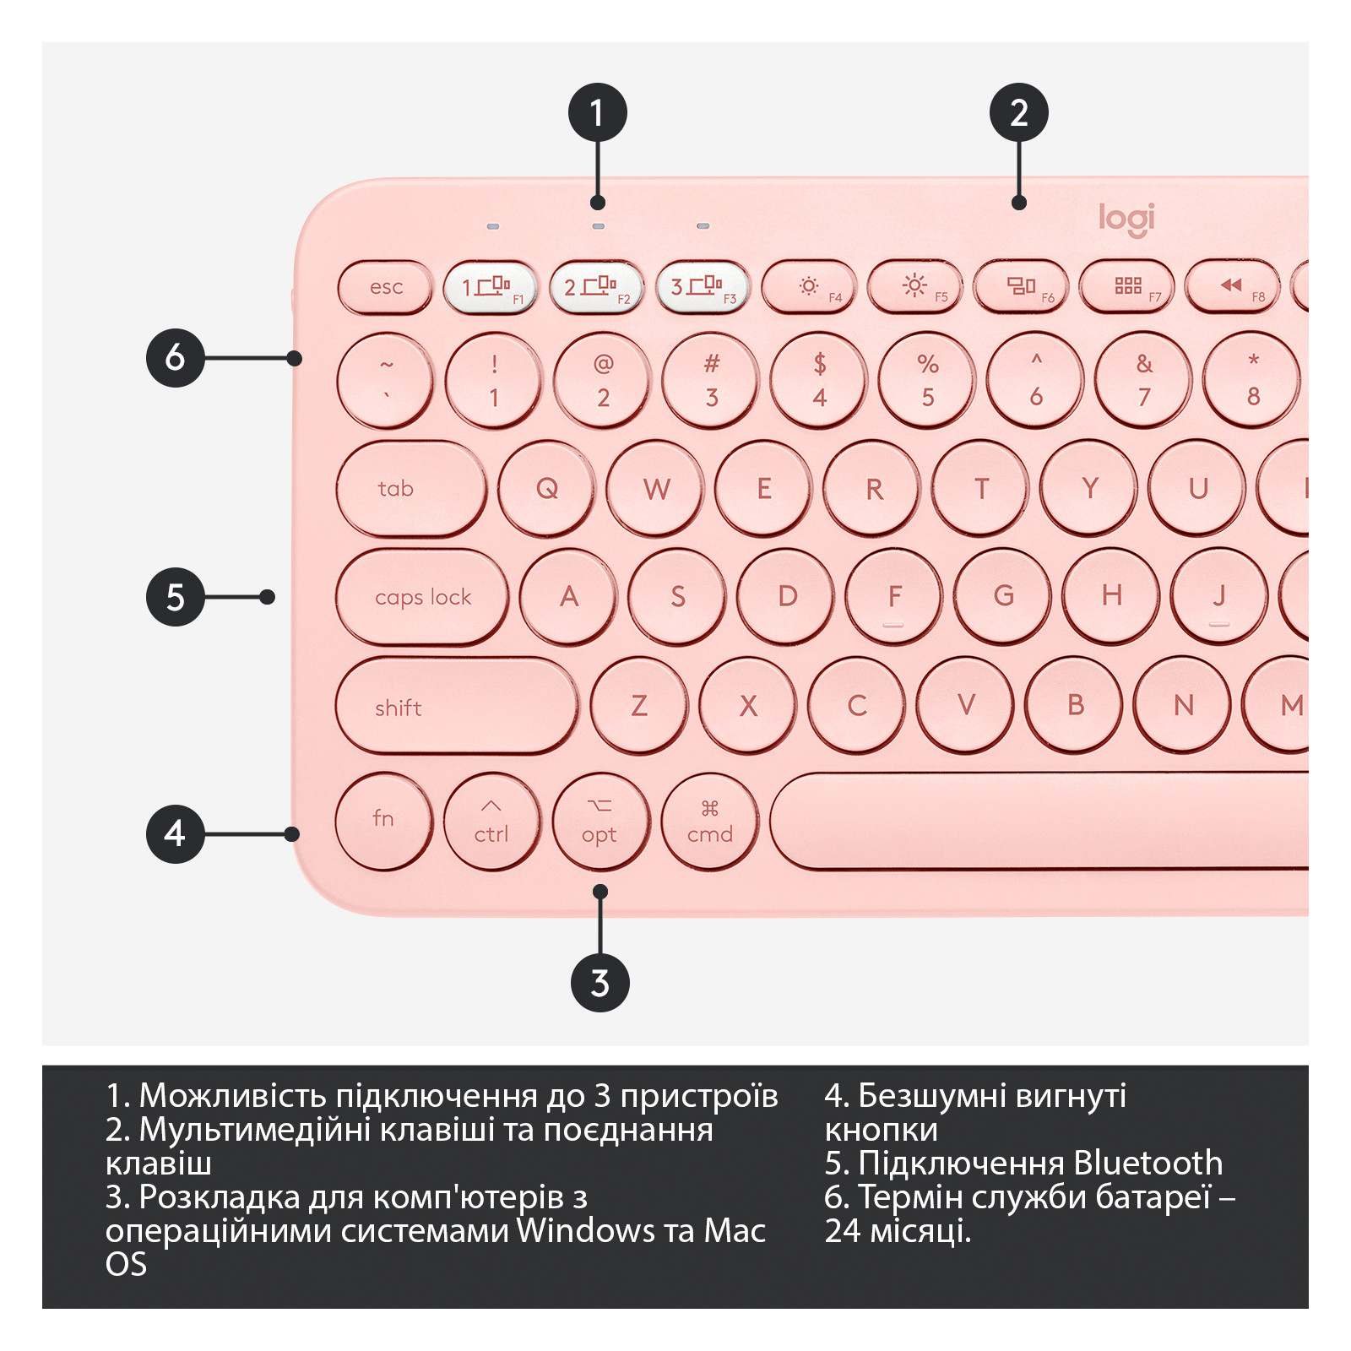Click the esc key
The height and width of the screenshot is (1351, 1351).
385,287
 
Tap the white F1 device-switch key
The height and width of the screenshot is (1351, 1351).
491,287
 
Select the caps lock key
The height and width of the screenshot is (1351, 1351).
422,597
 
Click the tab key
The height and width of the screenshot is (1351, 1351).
411,488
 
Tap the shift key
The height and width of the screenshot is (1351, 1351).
457,705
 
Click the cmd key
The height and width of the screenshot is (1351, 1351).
710,822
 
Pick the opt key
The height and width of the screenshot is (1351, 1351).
601,822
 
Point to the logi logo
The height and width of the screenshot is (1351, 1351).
1126,220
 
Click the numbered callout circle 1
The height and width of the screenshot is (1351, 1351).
598,112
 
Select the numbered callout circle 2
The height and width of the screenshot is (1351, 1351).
1019,112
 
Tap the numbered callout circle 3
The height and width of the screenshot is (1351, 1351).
600,983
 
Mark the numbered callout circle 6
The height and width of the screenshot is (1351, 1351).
176,358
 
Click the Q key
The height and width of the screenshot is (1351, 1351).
546,488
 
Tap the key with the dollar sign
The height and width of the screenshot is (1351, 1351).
819,381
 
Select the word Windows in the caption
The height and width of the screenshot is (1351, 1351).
585,1231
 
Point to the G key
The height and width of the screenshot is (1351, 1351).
1003,597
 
